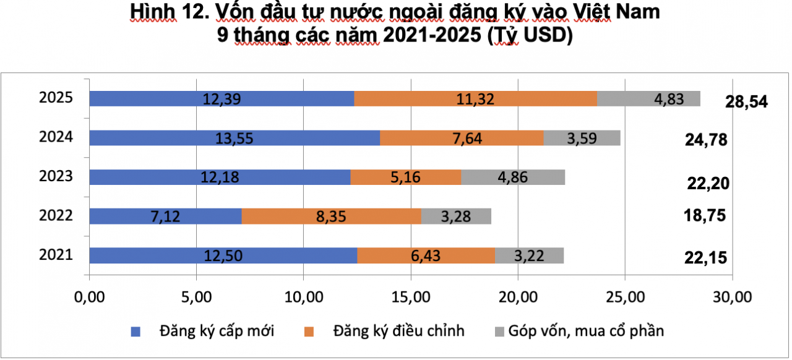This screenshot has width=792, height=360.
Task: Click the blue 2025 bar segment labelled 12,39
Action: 222,98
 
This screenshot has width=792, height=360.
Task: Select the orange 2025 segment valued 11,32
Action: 475,98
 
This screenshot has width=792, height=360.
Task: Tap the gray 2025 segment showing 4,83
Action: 648,98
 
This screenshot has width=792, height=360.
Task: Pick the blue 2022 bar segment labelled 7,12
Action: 165,216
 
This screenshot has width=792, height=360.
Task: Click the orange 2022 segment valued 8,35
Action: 331,216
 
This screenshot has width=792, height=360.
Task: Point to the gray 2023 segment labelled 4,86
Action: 513,177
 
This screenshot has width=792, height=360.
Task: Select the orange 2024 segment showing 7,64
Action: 462,138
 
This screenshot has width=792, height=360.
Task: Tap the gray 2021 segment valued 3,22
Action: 529,255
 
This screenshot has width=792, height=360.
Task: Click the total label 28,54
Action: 746,102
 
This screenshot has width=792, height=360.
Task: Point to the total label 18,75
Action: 705,216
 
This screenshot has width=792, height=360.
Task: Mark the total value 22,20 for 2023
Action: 708,183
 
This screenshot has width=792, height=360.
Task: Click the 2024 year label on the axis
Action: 56,137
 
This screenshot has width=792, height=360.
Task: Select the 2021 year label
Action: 56,255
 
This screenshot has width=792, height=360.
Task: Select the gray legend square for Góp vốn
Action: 499,331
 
